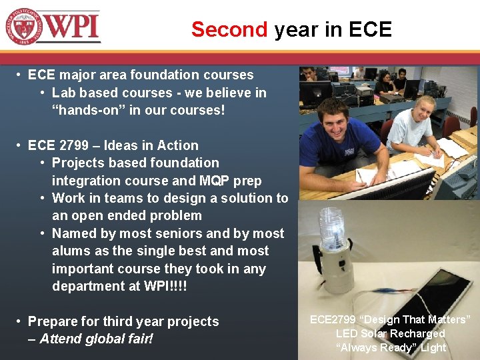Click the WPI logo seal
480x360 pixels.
click(24, 27)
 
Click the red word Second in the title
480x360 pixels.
click(229, 29)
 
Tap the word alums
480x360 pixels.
click(71, 251)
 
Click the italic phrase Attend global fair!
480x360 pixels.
click(97, 339)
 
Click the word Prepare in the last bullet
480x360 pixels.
click(53, 321)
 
